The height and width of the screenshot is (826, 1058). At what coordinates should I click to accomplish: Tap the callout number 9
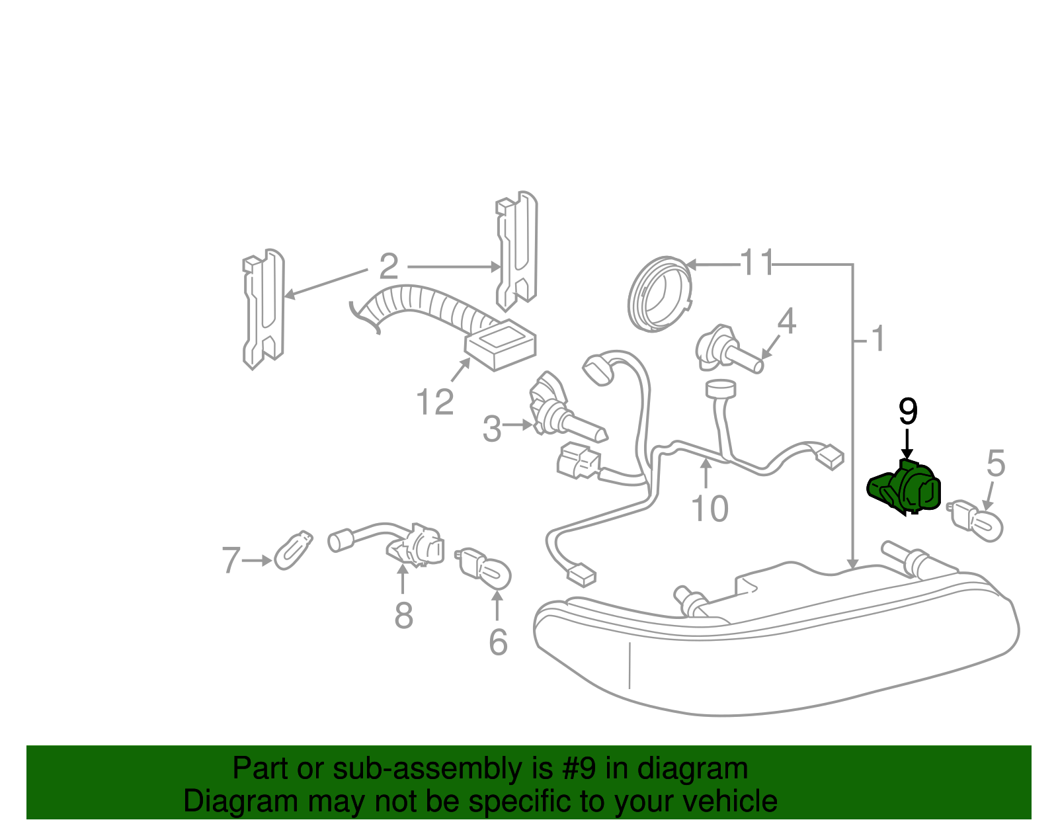tap(909, 412)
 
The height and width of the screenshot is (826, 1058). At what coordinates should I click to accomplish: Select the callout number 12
tap(435, 401)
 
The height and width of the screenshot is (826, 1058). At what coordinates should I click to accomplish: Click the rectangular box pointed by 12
tap(501, 345)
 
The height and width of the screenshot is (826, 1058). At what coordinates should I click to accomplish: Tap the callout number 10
tap(709, 509)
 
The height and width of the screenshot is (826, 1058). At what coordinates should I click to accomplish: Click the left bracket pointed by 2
tap(263, 309)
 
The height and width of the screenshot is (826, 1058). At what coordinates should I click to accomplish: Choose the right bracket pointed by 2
tap(517, 251)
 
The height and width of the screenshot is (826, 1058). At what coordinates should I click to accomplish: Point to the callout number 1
tap(877, 339)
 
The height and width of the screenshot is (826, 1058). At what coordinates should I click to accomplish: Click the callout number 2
tap(389, 267)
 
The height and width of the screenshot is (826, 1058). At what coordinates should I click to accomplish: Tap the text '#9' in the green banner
tap(579, 769)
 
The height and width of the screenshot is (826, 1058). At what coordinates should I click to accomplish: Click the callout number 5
tap(995, 464)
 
